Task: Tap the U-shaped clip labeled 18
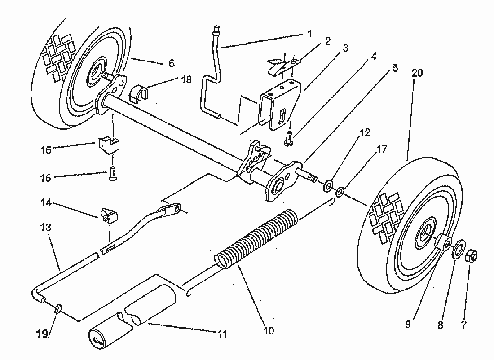[x=139, y=93]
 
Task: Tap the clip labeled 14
[x=109, y=215]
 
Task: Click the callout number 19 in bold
[x=42, y=334]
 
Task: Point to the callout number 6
[x=171, y=64]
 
